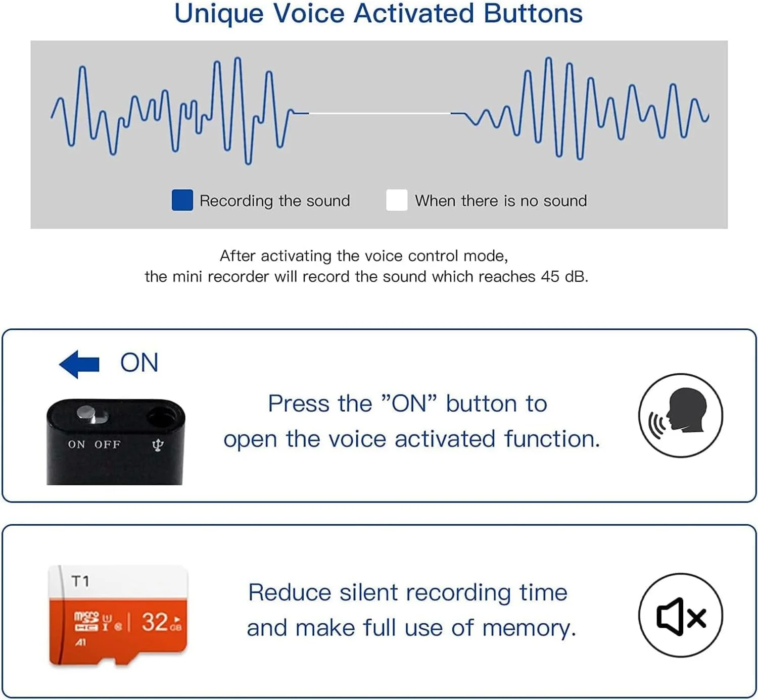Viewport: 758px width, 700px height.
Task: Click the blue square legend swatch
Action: pyautogui.click(x=182, y=200)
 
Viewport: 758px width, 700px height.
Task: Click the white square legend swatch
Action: pyautogui.click(x=397, y=200)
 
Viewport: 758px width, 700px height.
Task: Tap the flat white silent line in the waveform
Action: pyautogui.click(x=380, y=113)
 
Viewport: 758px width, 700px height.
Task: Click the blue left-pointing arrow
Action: pyautogui.click(x=79, y=364)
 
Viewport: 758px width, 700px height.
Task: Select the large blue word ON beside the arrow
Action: pyautogui.click(x=139, y=363)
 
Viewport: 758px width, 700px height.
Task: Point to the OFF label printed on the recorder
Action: pyautogui.click(x=107, y=444)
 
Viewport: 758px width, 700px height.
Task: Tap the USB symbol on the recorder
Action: pyautogui.click(x=158, y=445)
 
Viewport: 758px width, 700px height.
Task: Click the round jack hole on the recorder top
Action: pyautogui.click(x=161, y=417)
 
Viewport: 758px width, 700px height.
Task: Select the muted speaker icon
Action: pyautogui.click(x=681, y=617)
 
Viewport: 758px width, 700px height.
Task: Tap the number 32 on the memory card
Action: pyautogui.click(x=155, y=622)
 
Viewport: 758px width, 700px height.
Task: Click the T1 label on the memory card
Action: pyautogui.click(x=80, y=581)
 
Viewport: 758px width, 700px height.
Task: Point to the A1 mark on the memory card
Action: pyautogui.click(x=80, y=643)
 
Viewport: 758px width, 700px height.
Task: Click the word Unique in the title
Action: pyautogui.click(x=219, y=14)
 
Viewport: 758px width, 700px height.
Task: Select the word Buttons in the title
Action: pyautogui.click(x=533, y=14)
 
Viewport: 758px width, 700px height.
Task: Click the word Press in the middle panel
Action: pyautogui.click(x=299, y=404)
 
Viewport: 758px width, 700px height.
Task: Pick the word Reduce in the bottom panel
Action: pyautogui.click(x=290, y=592)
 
